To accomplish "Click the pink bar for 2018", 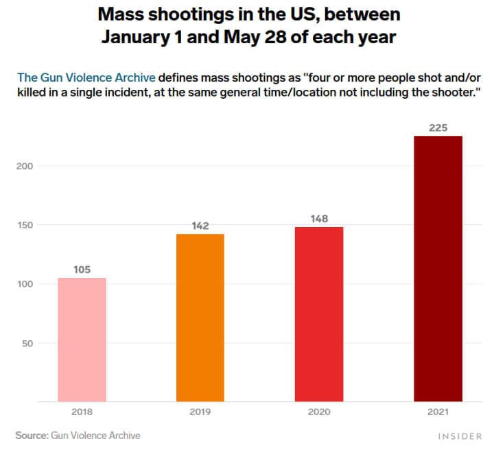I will [x=82, y=340].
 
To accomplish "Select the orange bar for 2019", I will [x=200, y=318].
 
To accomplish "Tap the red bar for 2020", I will [x=319, y=314].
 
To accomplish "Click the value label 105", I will [x=82, y=270].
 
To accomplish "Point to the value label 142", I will [x=200, y=226].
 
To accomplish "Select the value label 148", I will [x=319, y=219].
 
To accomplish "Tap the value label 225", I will [x=438, y=128].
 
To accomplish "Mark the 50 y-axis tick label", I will [x=27, y=343].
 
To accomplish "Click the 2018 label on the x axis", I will [x=82, y=412].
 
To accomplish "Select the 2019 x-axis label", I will [x=200, y=412].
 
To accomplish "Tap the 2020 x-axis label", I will [x=319, y=412].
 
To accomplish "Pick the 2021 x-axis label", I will [x=438, y=412].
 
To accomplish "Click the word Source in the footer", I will [x=32, y=435].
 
